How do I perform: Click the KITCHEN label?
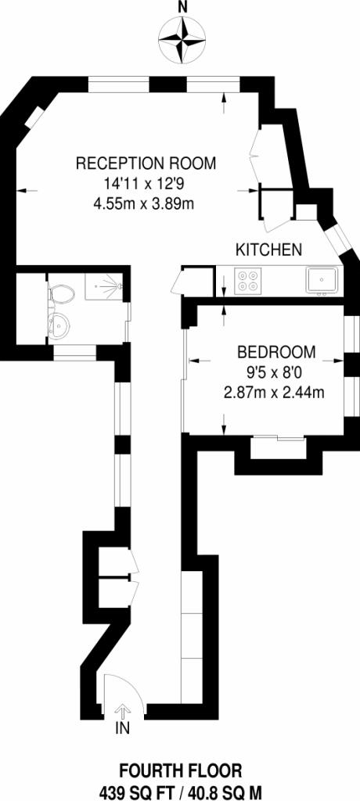(x=269, y=250)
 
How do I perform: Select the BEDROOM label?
(x=276, y=351)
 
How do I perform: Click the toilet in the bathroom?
(x=60, y=294)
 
